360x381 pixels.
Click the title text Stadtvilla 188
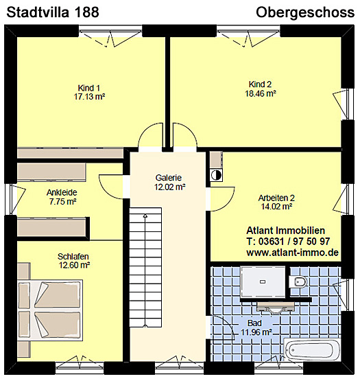(x=53, y=12)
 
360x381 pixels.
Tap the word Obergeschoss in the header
(x=305, y=12)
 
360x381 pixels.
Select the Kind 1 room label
(x=89, y=88)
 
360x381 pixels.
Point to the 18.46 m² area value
(x=261, y=93)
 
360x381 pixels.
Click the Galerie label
(x=169, y=178)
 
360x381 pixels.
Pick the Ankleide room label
(x=62, y=192)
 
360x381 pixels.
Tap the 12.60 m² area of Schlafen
(x=74, y=265)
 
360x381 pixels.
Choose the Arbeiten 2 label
(x=276, y=198)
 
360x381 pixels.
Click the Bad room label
(x=254, y=323)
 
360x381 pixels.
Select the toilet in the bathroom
(x=298, y=281)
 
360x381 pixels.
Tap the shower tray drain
(x=263, y=281)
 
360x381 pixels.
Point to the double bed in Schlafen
(x=51, y=310)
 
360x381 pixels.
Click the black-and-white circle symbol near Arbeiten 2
(x=216, y=175)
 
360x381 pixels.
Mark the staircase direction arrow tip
(x=145, y=215)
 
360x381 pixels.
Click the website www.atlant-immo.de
(x=293, y=253)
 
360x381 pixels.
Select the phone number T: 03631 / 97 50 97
(x=288, y=241)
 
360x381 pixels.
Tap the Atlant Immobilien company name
(x=286, y=230)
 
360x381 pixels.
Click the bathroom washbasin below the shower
(x=275, y=307)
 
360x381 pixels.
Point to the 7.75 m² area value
(x=63, y=202)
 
